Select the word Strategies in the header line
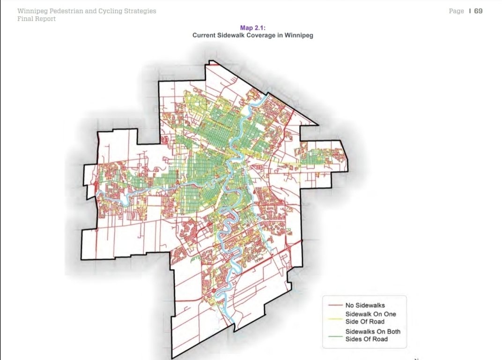pyautogui.click(x=139, y=11)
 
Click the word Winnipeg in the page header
pyautogui.click(x=32, y=11)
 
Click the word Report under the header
pyautogui.click(x=46, y=19)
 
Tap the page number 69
pyautogui.click(x=478, y=11)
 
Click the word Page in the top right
pyautogui.click(x=456, y=11)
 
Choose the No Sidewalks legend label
pyautogui.click(x=365, y=305)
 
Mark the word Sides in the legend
pyautogui.click(x=354, y=339)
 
